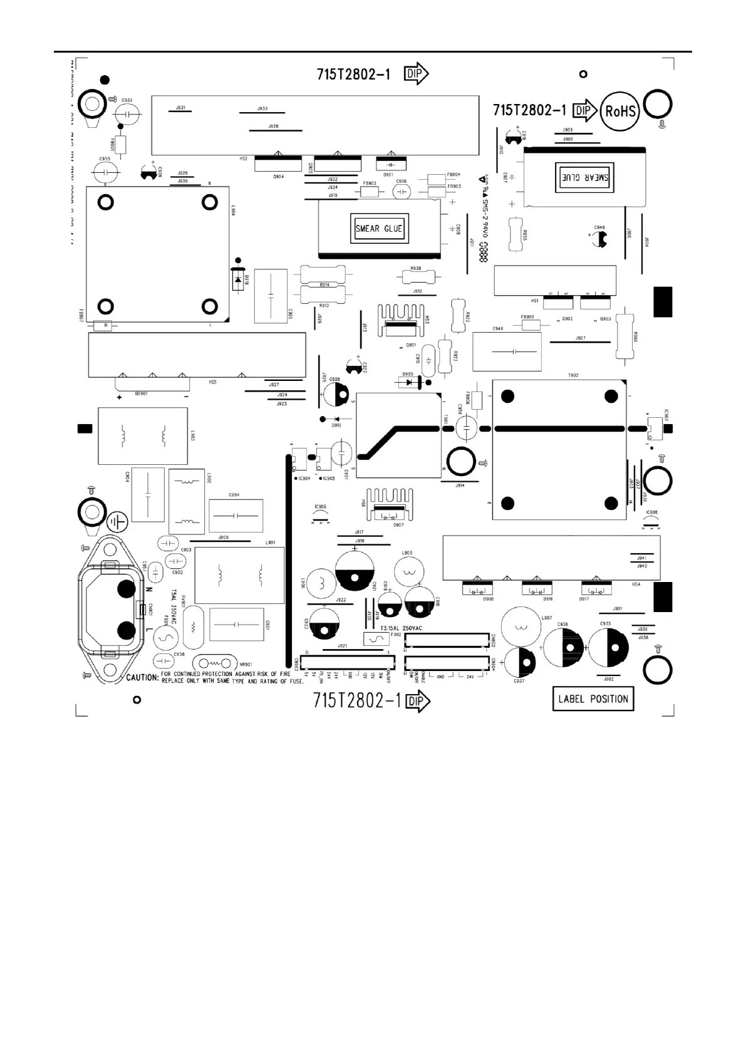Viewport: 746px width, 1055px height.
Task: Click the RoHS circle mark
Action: (620, 112)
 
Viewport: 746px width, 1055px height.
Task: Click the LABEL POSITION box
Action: (593, 699)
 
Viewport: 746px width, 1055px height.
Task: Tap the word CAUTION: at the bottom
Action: (143, 678)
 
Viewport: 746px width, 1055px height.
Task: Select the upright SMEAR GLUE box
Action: (379, 228)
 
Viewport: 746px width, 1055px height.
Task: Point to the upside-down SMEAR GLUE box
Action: (583, 178)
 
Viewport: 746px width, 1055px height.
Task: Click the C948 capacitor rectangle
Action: (507, 351)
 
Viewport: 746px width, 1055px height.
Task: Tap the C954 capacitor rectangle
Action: (236, 516)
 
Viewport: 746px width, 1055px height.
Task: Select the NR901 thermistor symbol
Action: (215, 663)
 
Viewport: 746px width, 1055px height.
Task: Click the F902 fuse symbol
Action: (376, 639)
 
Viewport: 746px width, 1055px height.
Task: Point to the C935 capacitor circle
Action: (607, 647)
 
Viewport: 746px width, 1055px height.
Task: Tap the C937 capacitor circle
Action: (519, 662)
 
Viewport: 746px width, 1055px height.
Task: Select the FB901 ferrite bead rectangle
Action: (120, 145)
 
